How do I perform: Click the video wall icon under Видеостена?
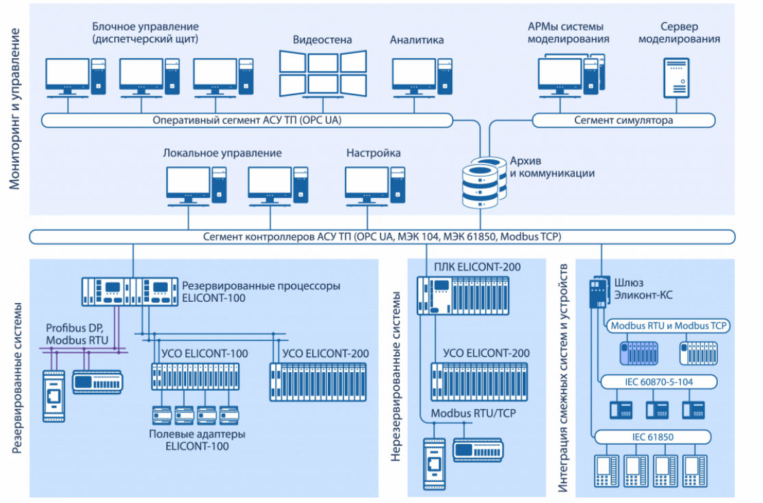[322, 73]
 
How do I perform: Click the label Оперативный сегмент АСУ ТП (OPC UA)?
[247, 120]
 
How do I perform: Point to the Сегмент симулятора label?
[623, 120]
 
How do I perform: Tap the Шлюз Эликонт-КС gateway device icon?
[598, 293]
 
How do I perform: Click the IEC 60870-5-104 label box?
[657, 382]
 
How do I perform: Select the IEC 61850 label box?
[657, 437]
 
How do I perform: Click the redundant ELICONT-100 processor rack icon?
[129, 292]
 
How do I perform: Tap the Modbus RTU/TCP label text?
[473, 414]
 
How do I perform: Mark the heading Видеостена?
[322, 40]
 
